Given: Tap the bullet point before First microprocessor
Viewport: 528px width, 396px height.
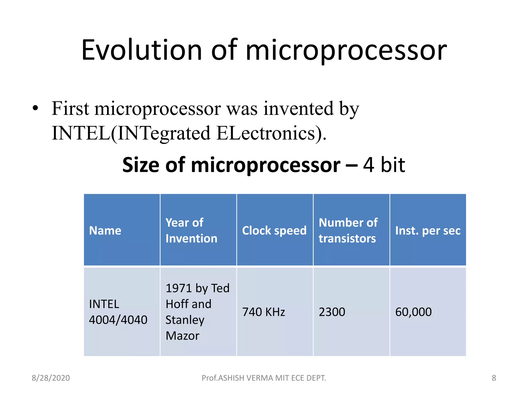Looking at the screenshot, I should [x=36, y=108].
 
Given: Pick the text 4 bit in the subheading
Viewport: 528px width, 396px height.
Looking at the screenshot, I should [x=384, y=165].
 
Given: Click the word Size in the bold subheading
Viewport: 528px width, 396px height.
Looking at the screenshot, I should [x=141, y=165].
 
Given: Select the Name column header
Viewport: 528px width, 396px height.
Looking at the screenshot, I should [x=105, y=230].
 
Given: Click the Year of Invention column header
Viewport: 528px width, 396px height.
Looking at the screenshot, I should [x=191, y=230].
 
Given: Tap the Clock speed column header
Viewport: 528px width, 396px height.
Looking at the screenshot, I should [x=274, y=230].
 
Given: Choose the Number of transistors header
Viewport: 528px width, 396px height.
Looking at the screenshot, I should [x=348, y=230].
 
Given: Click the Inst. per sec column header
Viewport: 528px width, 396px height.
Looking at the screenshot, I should [x=428, y=230].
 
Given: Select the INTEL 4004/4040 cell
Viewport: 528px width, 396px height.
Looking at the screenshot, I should [x=118, y=312].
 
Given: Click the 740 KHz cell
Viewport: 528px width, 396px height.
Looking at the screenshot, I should [x=263, y=312].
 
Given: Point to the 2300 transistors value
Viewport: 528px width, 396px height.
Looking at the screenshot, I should [x=332, y=312].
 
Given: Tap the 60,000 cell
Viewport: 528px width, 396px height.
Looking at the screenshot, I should [x=413, y=312].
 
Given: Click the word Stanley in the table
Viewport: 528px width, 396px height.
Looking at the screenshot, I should [x=185, y=320].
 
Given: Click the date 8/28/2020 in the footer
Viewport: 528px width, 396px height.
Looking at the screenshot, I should [x=51, y=378].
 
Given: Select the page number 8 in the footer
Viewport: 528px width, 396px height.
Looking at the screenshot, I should [x=494, y=378].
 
